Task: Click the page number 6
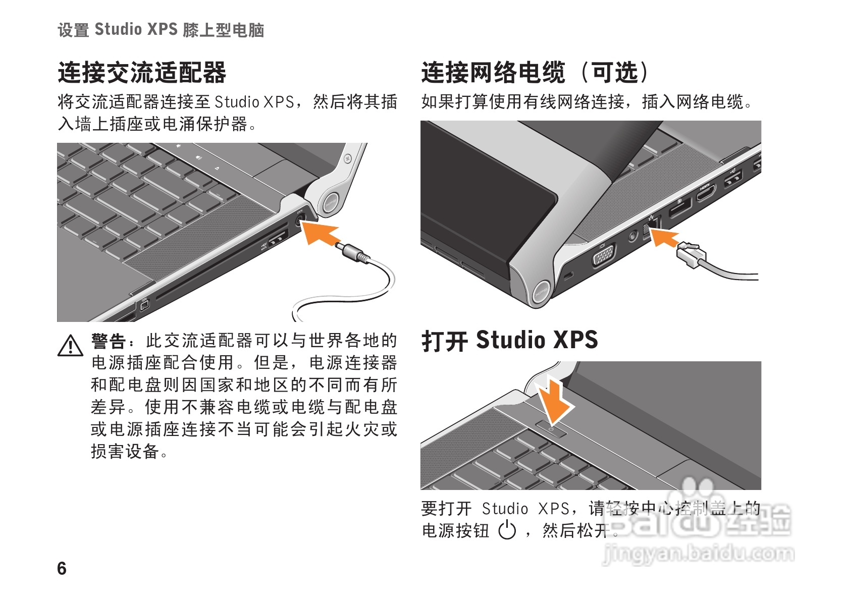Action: [x=62, y=569]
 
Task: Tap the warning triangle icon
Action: [x=70, y=346]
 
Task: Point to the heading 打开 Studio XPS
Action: [x=510, y=340]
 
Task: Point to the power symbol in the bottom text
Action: [x=507, y=530]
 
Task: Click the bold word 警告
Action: [x=109, y=341]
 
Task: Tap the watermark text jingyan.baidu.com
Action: [x=698, y=554]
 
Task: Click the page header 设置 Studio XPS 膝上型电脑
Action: [x=161, y=29]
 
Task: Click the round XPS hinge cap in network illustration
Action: [x=541, y=292]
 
